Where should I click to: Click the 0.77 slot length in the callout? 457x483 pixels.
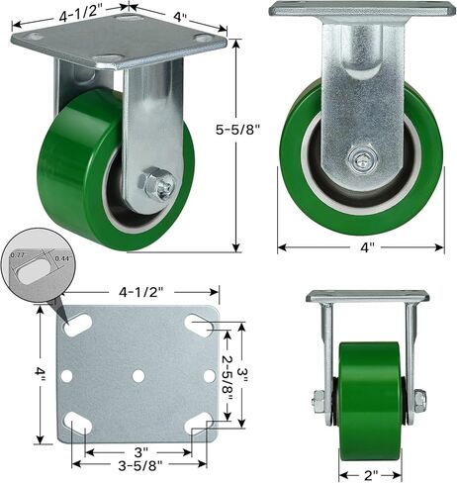coord(18,254)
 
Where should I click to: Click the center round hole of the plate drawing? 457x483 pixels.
coord(137,377)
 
